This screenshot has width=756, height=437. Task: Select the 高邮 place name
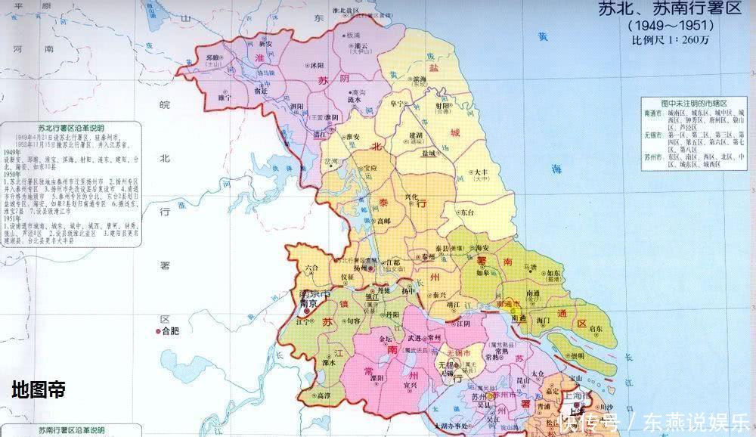pos(384,220)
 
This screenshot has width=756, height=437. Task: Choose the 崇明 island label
pos(577,355)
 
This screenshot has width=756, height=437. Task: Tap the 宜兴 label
pos(411,385)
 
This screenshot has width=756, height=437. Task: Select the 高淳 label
pos(322,395)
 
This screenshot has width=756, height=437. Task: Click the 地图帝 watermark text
pos(38,389)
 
